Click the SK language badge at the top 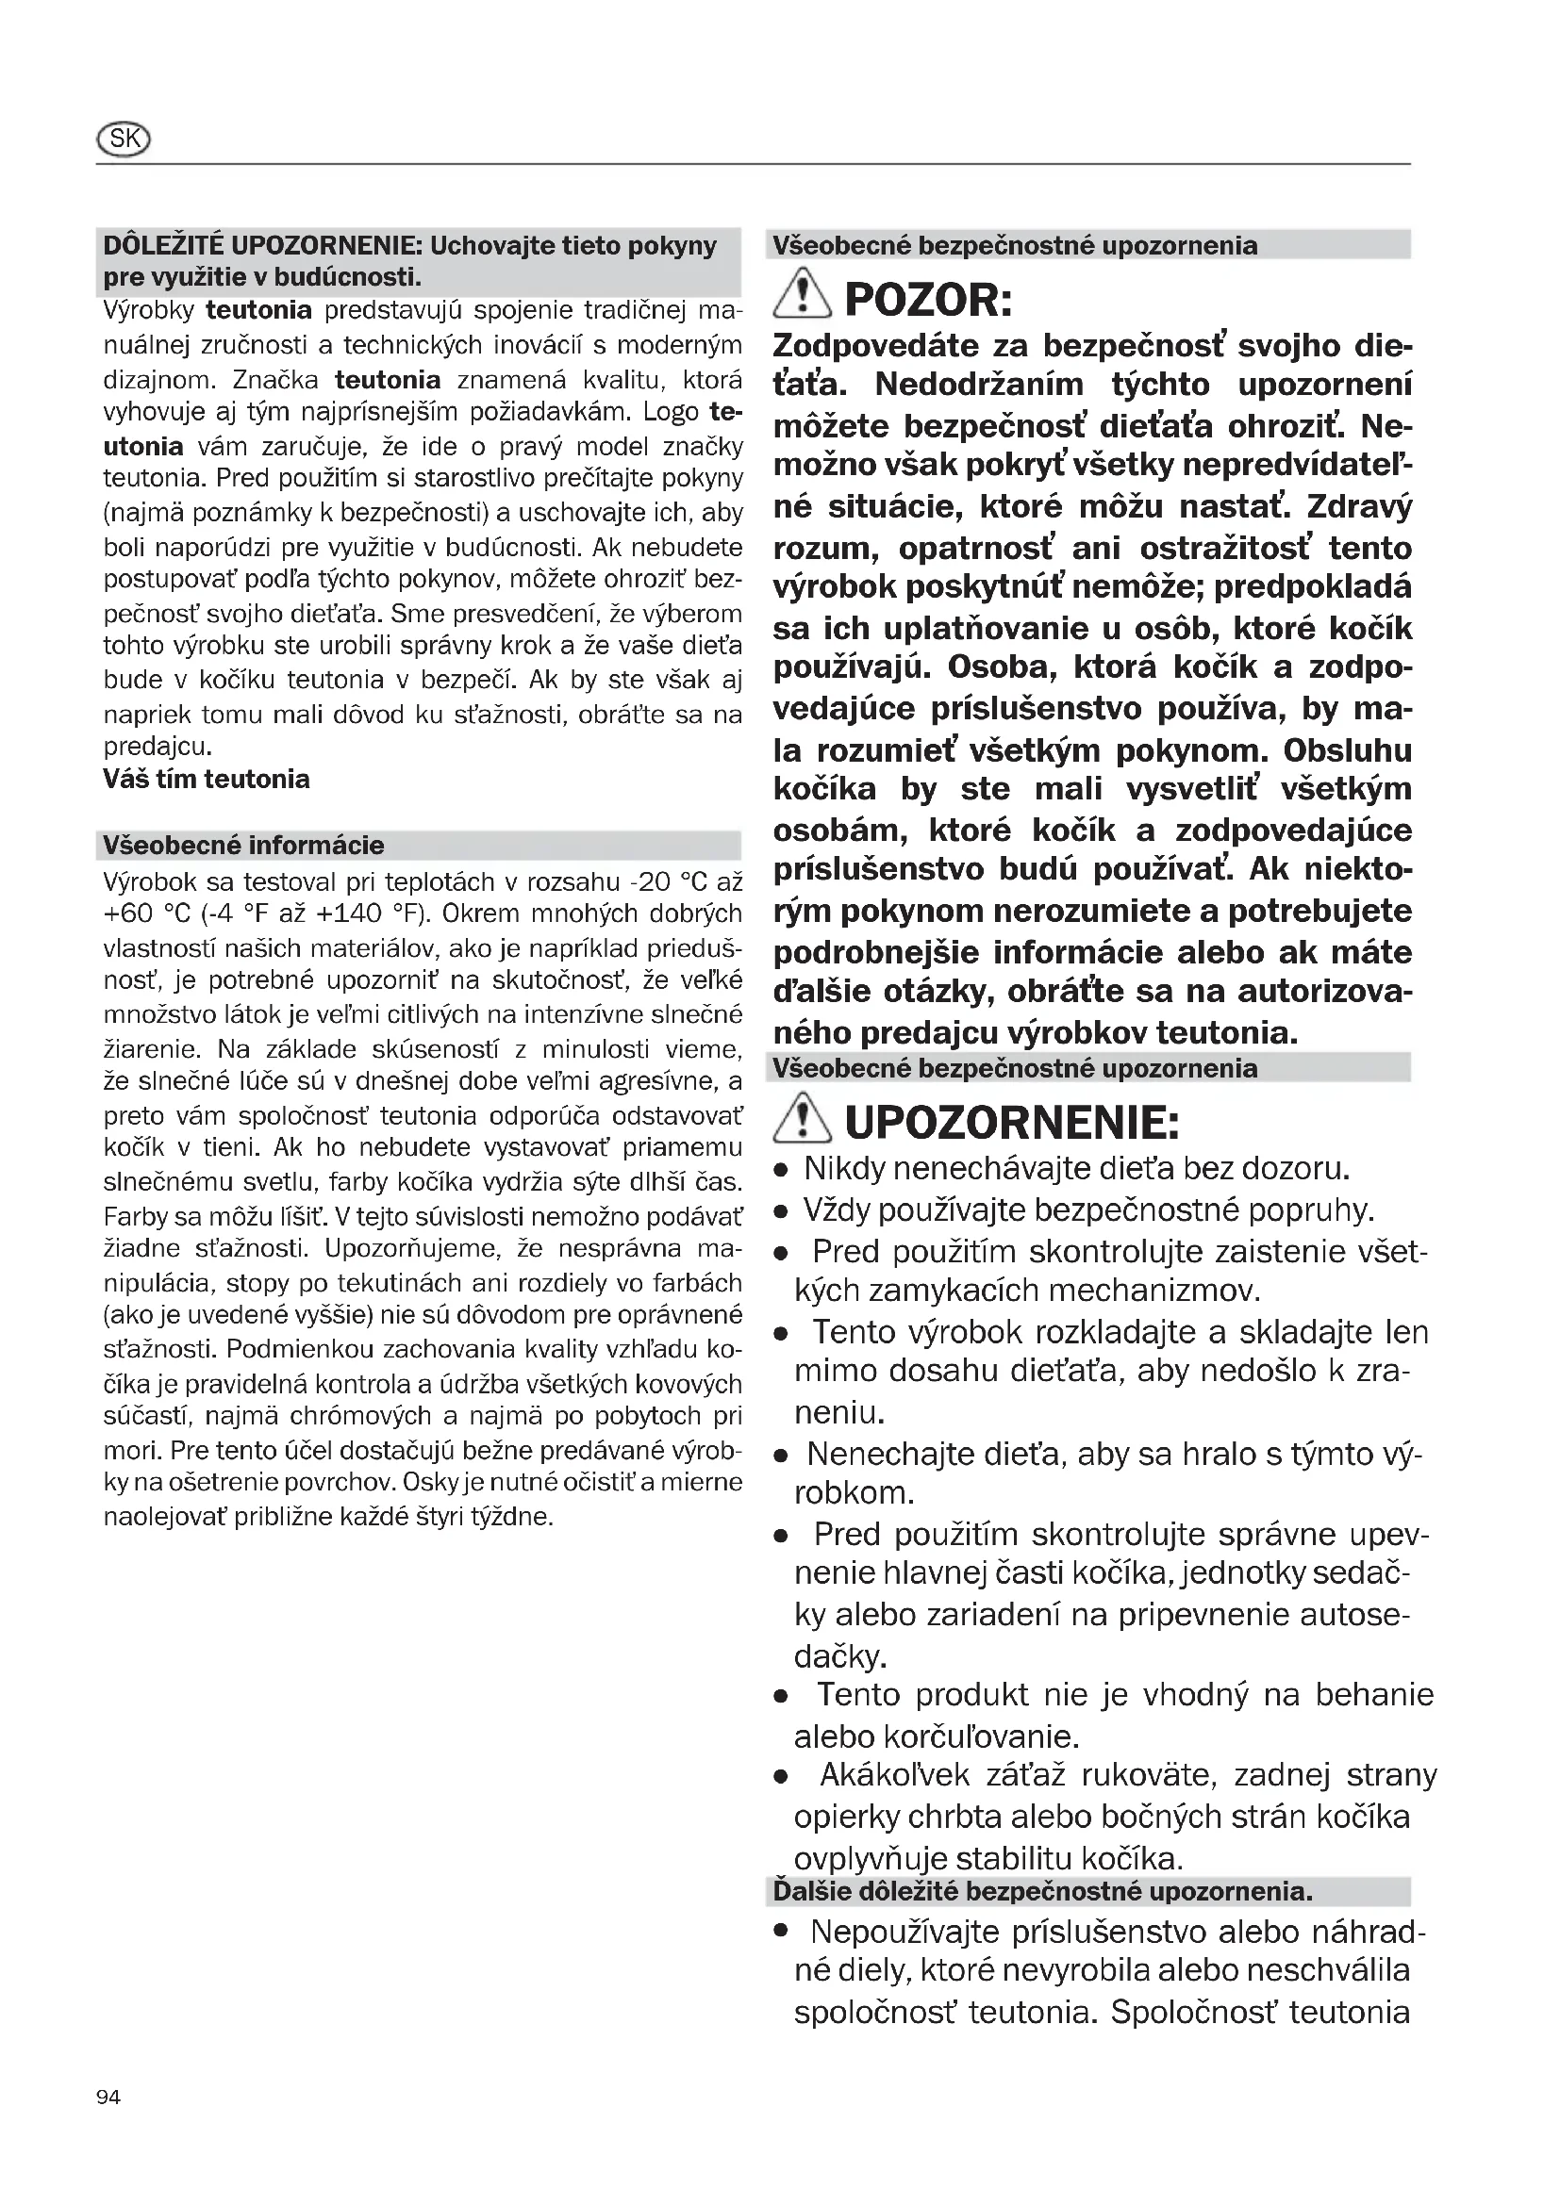tap(124, 140)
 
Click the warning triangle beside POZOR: tap(802, 295)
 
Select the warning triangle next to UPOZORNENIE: tap(802, 1118)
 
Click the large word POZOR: tap(928, 301)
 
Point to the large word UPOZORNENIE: tap(1011, 1122)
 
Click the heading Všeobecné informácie tap(243, 845)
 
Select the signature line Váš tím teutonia tap(207, 779)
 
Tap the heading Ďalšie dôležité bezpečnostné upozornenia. tap(1042, 1891)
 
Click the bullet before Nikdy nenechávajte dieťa tap(782, 1171)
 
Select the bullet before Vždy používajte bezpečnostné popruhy tap(782, 1212)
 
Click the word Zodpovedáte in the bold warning tap(877, 346)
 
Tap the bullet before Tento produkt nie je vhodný tap(782, 1697)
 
